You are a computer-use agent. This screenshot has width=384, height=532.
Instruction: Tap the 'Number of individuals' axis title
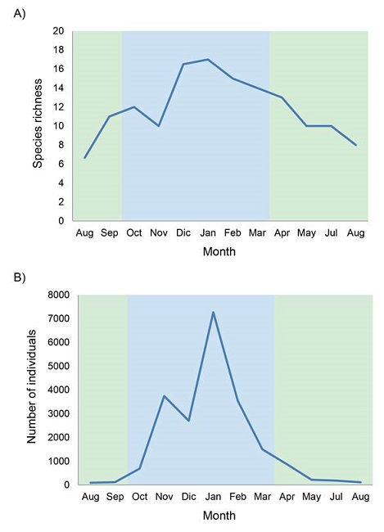click(x=32, y=390)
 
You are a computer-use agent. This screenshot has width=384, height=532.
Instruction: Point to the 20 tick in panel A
click(x=58, y=31)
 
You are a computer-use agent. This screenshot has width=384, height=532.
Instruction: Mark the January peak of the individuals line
click(x=213, y=312)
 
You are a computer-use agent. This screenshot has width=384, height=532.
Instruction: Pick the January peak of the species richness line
click(x=208, y=60)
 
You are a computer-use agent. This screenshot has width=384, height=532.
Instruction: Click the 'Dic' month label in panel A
click(x=183, y=234)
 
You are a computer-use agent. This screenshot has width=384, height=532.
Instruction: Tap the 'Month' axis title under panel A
click(x=219, y=252)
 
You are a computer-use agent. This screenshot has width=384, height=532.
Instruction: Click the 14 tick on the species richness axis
click(x=58, y=88)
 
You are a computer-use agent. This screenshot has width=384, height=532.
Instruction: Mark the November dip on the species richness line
click(x=159, y=126)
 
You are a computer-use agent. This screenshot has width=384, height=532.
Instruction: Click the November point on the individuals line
click(x=164, y=396)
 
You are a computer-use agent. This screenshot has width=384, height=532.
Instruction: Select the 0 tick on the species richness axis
click(x=61, y=221)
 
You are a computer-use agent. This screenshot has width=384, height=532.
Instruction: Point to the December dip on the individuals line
click(x=188, y=421)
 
